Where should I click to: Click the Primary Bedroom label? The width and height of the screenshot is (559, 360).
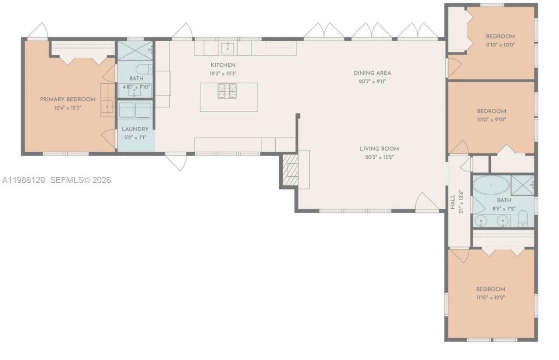pos(68,99)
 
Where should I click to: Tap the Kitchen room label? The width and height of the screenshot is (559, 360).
pos(223,65)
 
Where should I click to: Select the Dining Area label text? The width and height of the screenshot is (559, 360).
pos(372,73)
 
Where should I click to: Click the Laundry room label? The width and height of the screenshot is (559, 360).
pos(135,129)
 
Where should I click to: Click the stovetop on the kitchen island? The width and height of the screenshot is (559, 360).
pos(227,90)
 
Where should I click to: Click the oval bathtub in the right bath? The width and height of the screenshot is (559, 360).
pos(491,185)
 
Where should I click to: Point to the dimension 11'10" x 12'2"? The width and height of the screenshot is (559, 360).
pos(490,297)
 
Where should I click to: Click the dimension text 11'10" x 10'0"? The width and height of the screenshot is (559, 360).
pos(500,45)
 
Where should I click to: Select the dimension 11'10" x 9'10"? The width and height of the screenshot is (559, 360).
pos(491,119)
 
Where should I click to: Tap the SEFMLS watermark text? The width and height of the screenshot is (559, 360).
pos(81,180)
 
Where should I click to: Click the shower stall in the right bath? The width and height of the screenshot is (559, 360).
pos(522,184)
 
